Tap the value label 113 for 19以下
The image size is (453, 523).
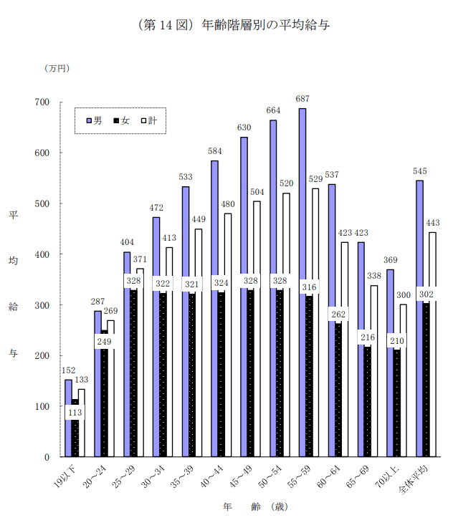[x=75, y=413]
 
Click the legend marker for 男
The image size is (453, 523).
[x=90, y=121]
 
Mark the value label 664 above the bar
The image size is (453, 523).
[x=274, y=110]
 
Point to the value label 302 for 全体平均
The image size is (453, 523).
[x=426, y=294]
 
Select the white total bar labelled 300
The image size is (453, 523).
[x=404, y=380]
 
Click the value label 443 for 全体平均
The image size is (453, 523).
[x=432, y=223]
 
